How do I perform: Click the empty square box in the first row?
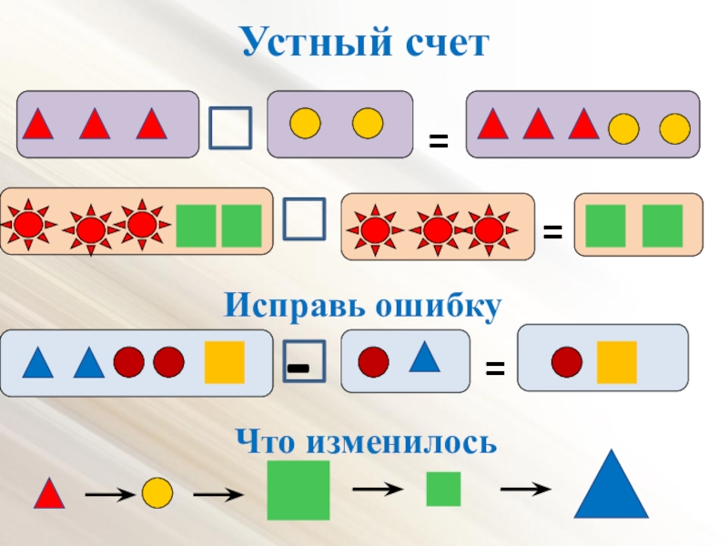coord(230,127)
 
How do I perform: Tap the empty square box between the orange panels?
coord(304,219)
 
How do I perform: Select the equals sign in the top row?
coord(440,140)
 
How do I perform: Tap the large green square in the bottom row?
coord(298,490)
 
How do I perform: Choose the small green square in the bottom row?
coord(444,489)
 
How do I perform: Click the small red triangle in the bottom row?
coord(49,494)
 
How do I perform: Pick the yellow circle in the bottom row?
coord(157,492)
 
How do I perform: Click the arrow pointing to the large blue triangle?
coord(526,489)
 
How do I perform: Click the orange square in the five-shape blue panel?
coord(224,362)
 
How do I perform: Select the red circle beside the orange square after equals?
coord(567,361)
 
